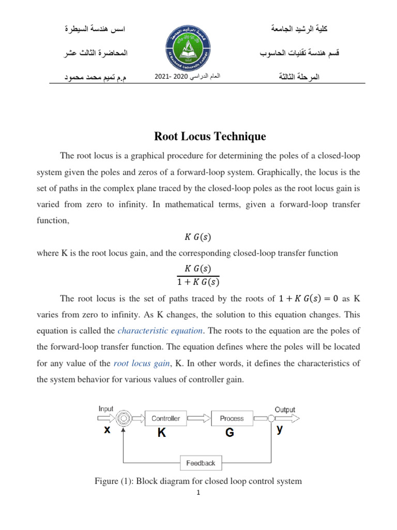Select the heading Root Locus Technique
[x=210, y=137]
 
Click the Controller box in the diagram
[x=166, y=418]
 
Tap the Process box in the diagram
[x=232, y=418]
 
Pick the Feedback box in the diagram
[x=201, y=463]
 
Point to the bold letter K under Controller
[x=162, y=434]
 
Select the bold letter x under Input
[x=106, y=430]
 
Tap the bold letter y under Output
[x=280, y=430]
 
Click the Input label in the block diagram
[x=106, y=409]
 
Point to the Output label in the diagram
[x=285, y=409]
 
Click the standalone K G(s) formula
[x=198, y=237]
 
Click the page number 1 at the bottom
[x=198, y=493]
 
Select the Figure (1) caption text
[x=198, y=481]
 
